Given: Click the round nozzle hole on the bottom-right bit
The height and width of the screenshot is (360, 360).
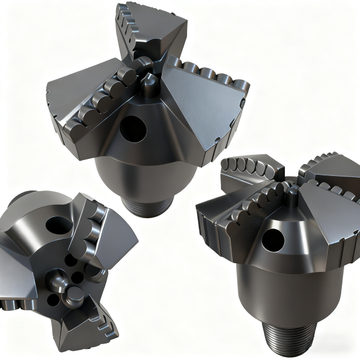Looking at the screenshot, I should pyautogui.click(x=272, y=238).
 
